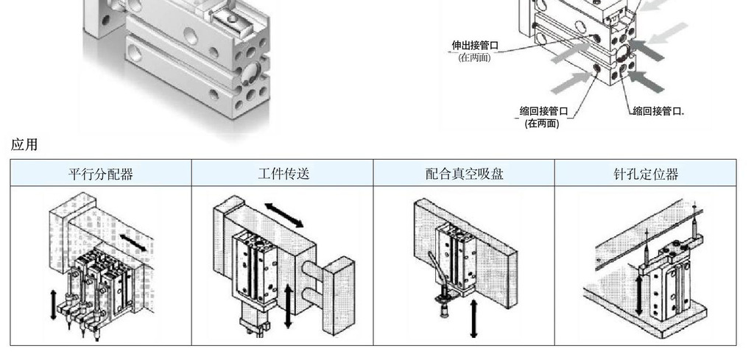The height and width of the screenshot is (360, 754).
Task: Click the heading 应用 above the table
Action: tap(24, 144)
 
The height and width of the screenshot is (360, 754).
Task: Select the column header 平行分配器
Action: tap(101, 174)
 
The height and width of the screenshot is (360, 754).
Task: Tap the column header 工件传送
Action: tap(283, 174)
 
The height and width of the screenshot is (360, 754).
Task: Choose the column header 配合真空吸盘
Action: tap(464, 174)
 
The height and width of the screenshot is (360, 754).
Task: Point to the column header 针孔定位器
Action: tap(646, 174)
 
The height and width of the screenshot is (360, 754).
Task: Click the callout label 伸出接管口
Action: tap(475, 46)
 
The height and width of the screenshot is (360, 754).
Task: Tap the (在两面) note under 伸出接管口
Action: tap(474, 57)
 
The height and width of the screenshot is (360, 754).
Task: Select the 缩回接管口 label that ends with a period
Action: tap(658, 111)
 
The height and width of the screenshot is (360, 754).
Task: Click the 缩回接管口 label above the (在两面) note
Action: tap(543, 111)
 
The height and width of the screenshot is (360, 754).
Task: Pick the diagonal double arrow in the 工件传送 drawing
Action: tap(283, 214)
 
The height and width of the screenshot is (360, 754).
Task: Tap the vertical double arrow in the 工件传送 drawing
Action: tap(289, 306)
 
